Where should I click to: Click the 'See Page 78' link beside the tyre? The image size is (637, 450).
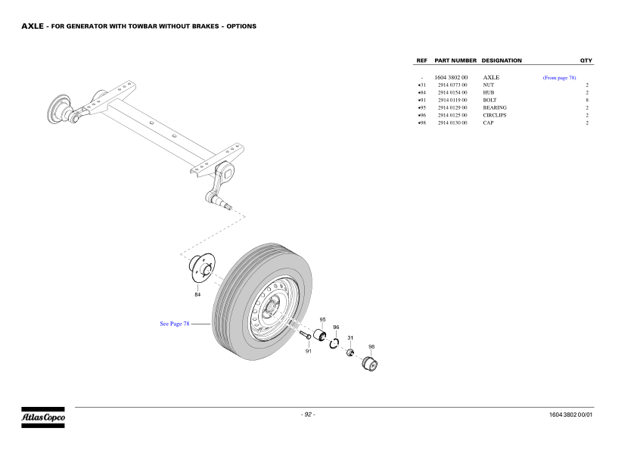click(175, 324)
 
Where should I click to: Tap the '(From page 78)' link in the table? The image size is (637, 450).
click(559, 78)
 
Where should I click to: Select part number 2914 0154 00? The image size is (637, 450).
click(452, 93)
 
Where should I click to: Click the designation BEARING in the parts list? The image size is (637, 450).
click(495, 108)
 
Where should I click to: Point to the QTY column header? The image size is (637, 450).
click(586, 61)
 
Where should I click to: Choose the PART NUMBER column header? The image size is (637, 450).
click(455, 61)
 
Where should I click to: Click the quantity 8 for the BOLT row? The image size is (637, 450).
click(587, 101)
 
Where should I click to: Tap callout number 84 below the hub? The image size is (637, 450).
click(197, 294)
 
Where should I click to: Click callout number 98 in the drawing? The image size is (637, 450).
click(371, 346)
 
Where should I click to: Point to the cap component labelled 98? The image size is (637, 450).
click(371, 364)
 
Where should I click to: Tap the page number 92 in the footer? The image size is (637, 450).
click(308, 414)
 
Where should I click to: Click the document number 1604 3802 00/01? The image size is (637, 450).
click(572, 415)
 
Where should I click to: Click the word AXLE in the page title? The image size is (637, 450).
click(32, 26)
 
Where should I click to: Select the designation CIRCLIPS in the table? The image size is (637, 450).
click(496, 116)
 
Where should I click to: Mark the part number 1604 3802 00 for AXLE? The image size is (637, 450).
click(451, 78)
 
